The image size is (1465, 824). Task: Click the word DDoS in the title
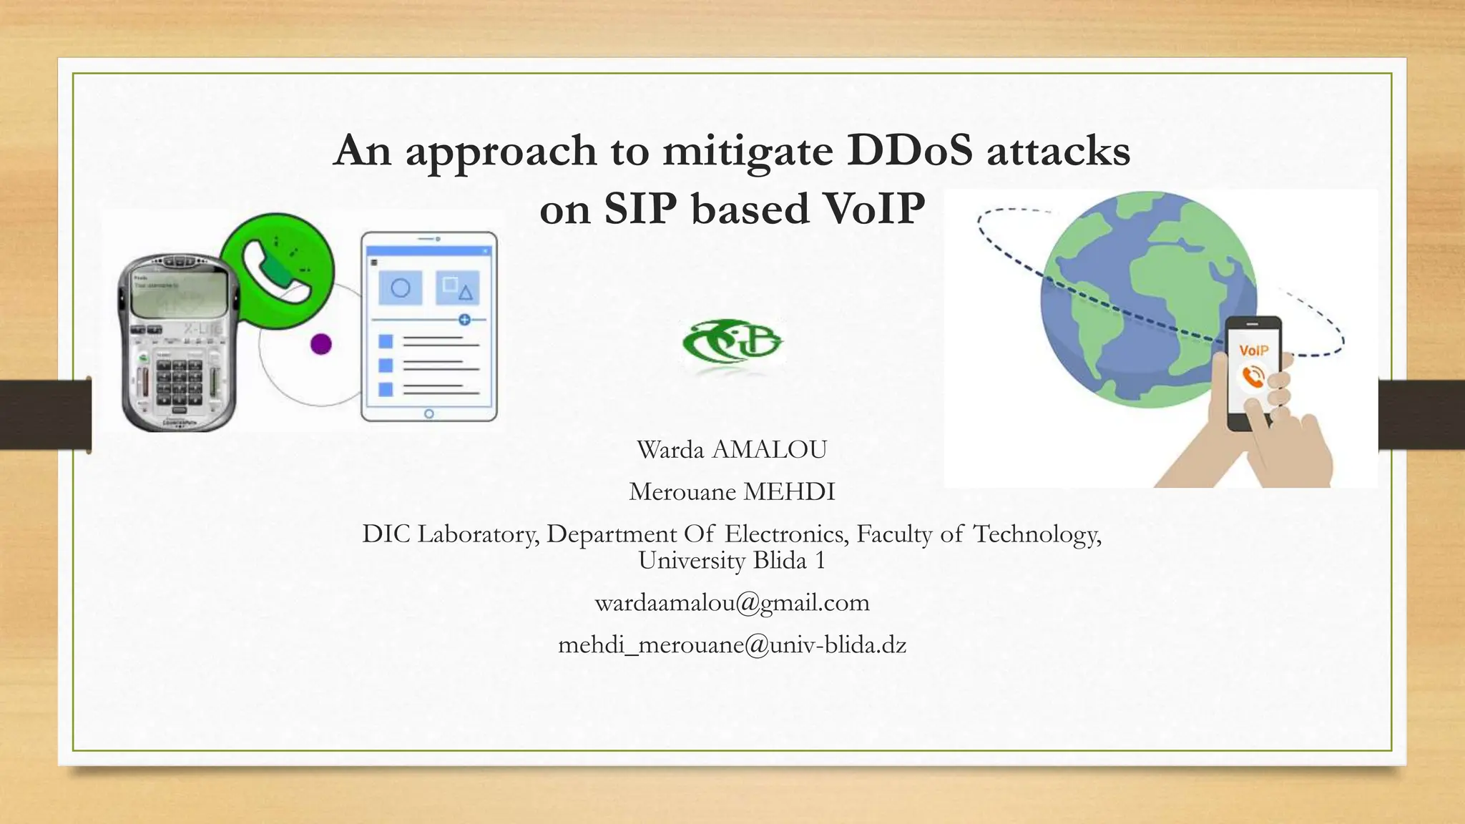point(909,151)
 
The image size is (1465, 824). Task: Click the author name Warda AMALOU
point(732,450)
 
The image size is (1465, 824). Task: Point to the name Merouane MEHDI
point(732,492)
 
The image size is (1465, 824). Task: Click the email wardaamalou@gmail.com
point(732,603)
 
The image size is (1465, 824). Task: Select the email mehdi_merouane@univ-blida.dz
point(732,645)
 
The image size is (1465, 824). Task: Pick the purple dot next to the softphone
point(321,344)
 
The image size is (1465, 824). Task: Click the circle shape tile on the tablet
point(401,288)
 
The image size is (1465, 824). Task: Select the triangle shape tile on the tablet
point(457,288)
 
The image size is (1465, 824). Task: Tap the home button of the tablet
point(429,413)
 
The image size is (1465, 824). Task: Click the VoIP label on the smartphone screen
point(1253,350)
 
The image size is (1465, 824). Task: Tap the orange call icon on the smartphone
point(1253,376)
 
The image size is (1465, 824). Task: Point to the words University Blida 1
point(732,560)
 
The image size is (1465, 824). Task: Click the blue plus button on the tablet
point(464,320)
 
